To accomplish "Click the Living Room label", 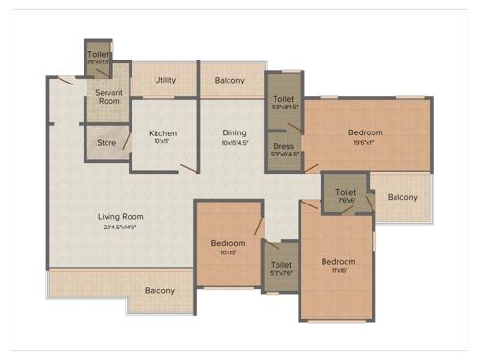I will [x=120, y=216].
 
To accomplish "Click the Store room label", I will [x=107, y=144].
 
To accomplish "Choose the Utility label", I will [x=164, y=80].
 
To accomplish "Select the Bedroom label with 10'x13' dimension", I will [x=228, y=243].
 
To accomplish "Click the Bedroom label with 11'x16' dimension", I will [x=338, y=261].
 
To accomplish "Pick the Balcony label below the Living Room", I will [x=159, y=290].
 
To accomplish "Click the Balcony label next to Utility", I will [x=229, y=80].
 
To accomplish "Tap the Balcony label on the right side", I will [x=402, y=197].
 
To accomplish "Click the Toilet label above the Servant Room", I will [x=98, y=55].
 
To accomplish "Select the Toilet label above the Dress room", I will [x=283, y=99].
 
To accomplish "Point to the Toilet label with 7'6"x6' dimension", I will [x=346, y=192].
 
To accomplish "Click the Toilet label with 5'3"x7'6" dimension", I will [x=281, y=265].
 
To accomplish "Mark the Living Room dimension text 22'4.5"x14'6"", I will [x=120, y=228].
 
